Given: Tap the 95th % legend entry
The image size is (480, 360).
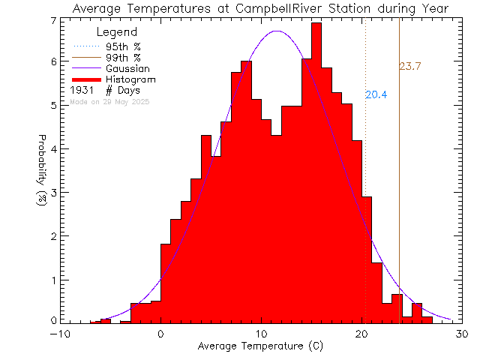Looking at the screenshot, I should [x=123, y=46].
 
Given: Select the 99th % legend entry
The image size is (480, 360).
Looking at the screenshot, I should [x=123, y=57].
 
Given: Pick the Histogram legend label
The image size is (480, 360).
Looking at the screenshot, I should [x=130, y=79].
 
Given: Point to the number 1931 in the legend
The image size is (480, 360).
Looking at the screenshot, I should [x=83, y=90].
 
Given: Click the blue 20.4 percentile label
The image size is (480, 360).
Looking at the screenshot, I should [x=376, y=95].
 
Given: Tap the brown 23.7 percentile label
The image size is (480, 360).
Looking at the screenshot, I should [x=409, y=67].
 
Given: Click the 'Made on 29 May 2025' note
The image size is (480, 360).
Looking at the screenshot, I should [x=109, y=100].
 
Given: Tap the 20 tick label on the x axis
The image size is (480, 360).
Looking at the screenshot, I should [x=361, y=334].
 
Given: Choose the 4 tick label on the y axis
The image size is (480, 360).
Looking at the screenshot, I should [x=53, y=148].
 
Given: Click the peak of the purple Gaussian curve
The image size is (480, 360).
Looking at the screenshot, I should [x=277, y=31].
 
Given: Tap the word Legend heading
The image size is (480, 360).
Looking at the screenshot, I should [x=118, y=33].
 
